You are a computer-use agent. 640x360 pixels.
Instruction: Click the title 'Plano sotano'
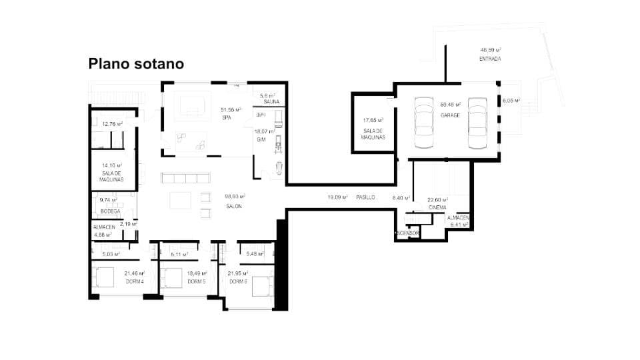point(136,64)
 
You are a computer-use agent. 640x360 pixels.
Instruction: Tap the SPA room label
point(226,117)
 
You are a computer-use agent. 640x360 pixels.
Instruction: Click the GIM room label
point(261,140)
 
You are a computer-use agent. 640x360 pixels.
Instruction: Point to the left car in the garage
point(424,123)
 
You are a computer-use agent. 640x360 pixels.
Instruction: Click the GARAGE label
point(451,115)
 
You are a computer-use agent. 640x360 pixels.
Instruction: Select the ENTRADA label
point(490,59)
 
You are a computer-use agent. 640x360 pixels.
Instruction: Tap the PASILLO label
point(365,197)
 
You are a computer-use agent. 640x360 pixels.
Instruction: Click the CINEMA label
point(437,207)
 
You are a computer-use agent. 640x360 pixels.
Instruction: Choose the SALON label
point(233,206)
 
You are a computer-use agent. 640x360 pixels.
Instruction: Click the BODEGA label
point(110,211)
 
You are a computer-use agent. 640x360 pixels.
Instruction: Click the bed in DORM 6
point(260,285)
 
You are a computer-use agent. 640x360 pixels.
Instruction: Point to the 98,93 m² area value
point(235,197)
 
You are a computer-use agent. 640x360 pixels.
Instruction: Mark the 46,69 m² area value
point(491,50)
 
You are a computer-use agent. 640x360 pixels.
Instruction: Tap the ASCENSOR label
point(407,233)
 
